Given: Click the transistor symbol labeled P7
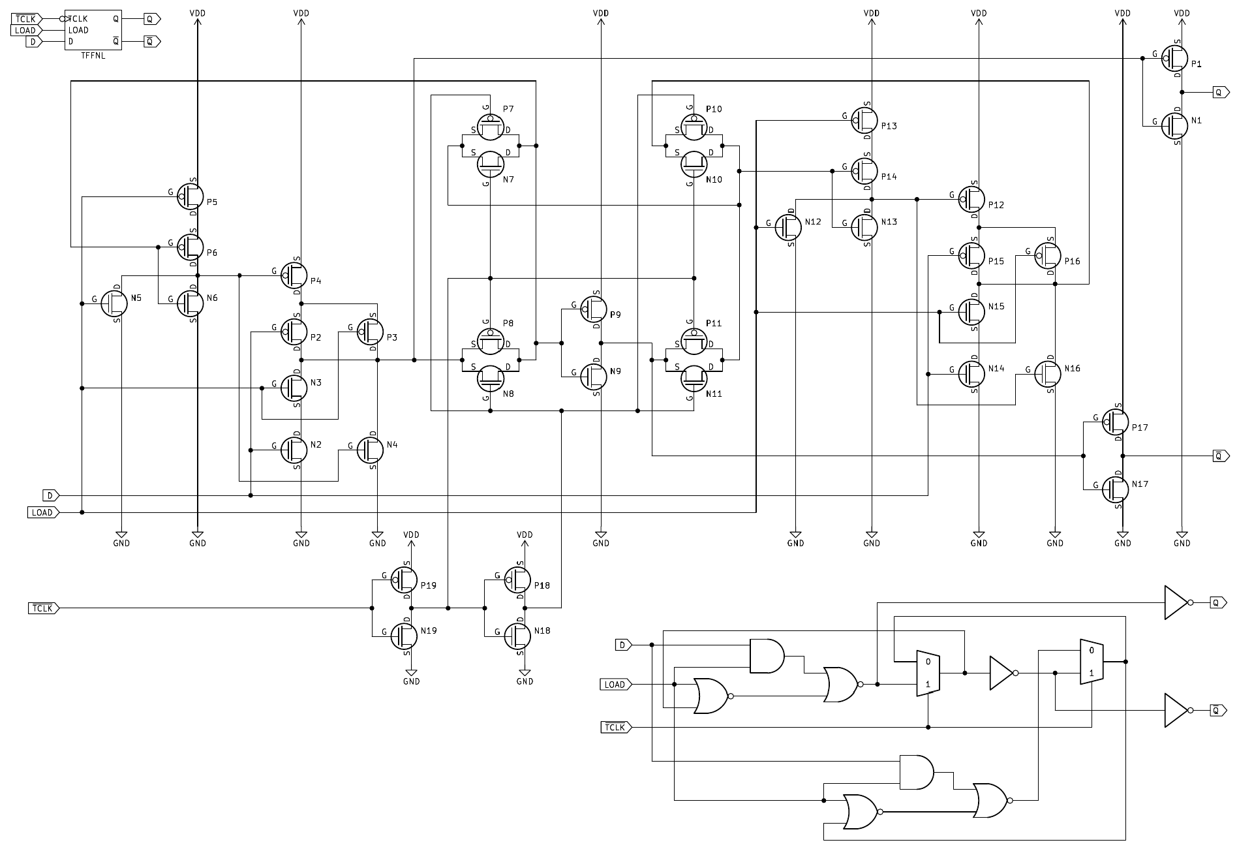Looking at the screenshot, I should tap(490, 126).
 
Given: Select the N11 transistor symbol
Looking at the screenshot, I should tap(694, 377).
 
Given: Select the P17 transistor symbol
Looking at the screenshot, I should tap(1116, 422).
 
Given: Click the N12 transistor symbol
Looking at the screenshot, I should tap(788, 227).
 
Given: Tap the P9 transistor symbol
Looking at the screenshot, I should tap(594, 310).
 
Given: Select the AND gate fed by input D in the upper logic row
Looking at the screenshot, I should tap(767, 656).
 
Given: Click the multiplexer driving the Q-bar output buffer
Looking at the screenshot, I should tap(1092, 662).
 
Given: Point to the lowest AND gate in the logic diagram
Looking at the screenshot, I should tap(916, 772).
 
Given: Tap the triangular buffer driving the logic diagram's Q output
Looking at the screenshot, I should tap(1176, 602).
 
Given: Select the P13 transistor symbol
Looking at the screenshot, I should tap(865, 121).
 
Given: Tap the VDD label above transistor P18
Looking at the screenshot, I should tap(525, 534).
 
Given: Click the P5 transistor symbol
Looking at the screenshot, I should tap(191, 196).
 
